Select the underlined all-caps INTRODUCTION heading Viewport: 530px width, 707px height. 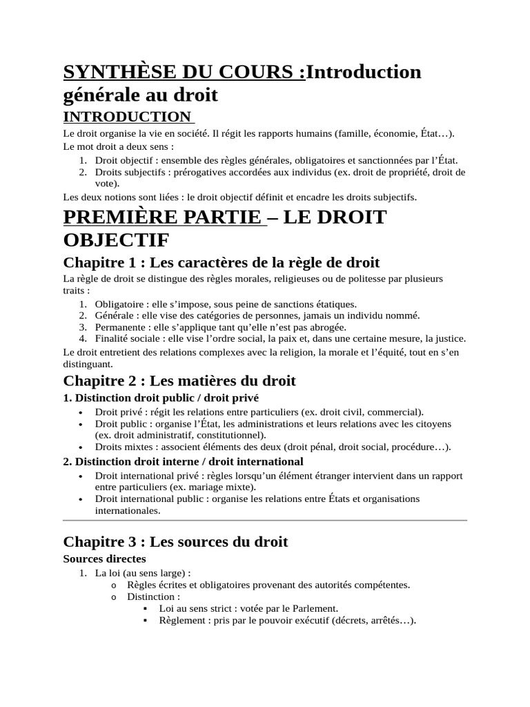(126, 116)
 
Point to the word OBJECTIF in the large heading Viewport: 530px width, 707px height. (116, 242)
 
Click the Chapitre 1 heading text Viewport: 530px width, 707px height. (221, 263)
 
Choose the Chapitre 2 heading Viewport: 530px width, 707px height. (179, 380)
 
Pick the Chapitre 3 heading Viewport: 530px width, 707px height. (175, 542)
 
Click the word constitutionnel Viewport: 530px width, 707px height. (228, 435)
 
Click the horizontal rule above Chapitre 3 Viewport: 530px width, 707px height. (265, 521)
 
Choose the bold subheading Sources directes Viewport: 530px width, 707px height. (105, 559)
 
